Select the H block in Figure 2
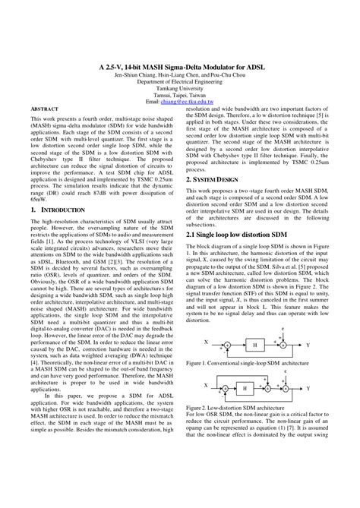[243, 388]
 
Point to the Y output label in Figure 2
[307, 388]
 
